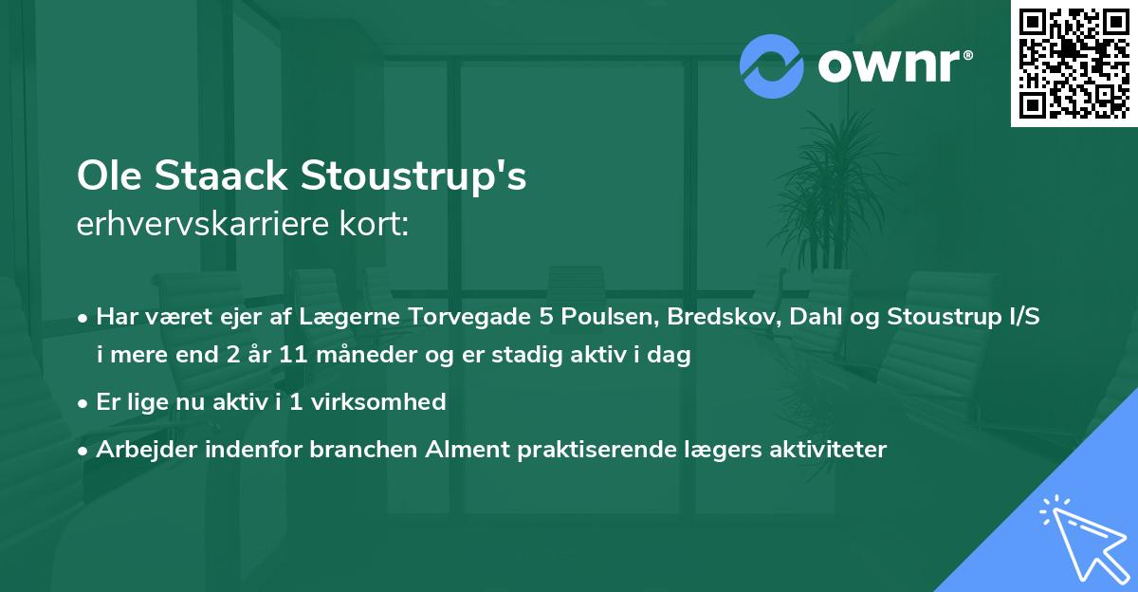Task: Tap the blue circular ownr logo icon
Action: pyautogui.click(x=772, y=65)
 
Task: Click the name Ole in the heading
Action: pyautogui.click(x=110, y=176)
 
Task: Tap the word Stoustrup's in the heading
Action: pyautogui.click(x=413, y=178)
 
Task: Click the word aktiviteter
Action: pyautogui.click(x=829, y=450)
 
